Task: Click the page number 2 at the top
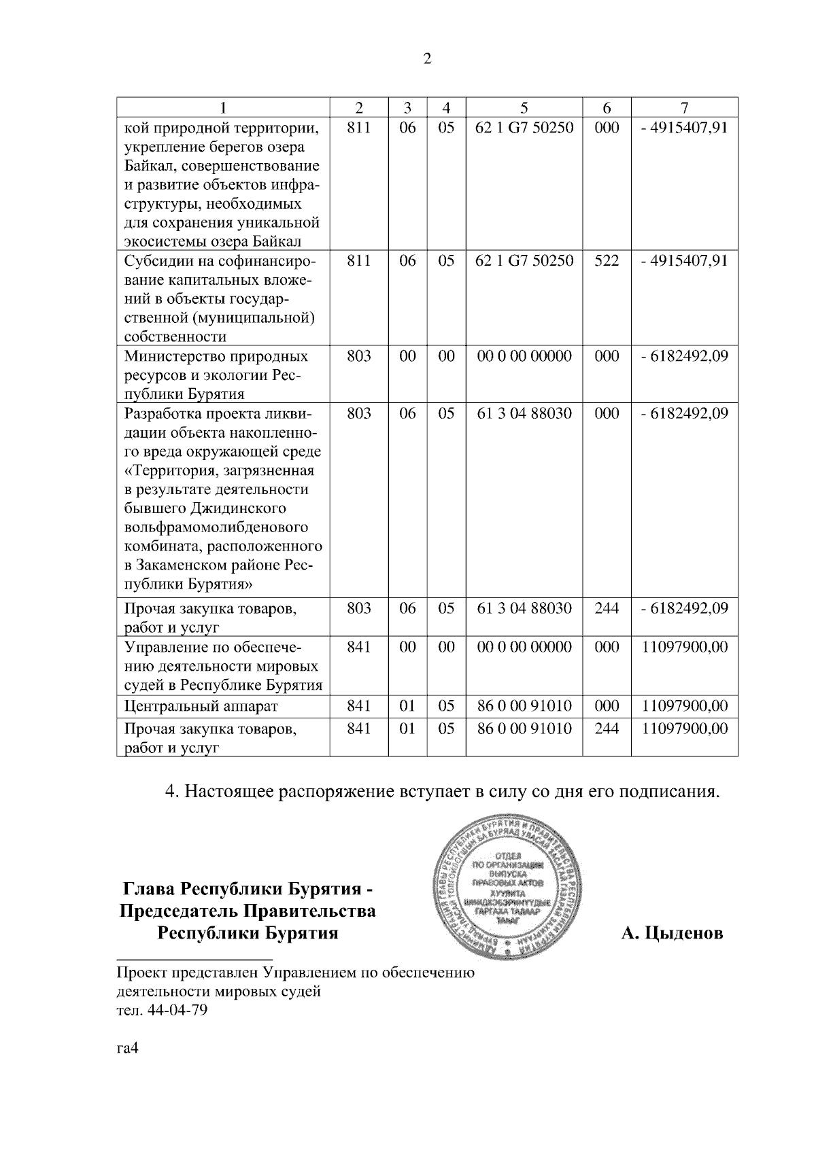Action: [x=427, y=59]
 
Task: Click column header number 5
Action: [x=524, y=107]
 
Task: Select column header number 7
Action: [x=684, y=107]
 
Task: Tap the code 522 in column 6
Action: [x=607, y=261]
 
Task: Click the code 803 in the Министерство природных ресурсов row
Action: [x=358, y=356]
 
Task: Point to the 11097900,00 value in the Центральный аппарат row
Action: [x=685, y=706]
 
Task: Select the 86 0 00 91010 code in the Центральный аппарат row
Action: [x=524, y=706]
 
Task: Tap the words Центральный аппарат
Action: [x=201, y=707]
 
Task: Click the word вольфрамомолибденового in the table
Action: [x=216, y=527]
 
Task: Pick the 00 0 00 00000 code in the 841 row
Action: [x=524, y=646]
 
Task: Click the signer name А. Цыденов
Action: [x=672, y=933]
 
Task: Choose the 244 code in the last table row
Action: [x=607, y=729]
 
